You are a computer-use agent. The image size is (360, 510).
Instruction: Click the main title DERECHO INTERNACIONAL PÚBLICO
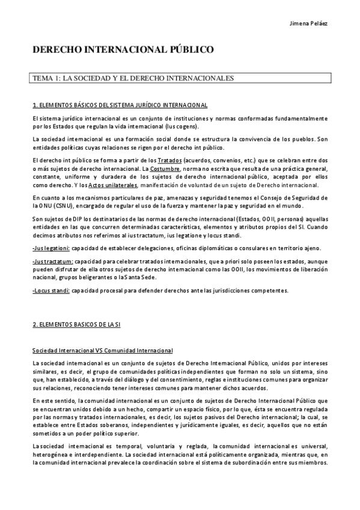[x=123, y=50]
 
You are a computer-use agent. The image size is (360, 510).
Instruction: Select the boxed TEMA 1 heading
[x=132, y=78]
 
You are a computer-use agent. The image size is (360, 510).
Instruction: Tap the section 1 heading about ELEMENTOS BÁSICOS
[x=120, y=105]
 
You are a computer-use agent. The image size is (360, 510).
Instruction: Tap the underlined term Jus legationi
[x=51, y=248]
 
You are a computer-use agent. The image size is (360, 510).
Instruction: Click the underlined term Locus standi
[x=51, y=290]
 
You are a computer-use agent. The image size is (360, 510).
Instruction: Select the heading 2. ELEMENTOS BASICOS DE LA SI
[x=77, y=324]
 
